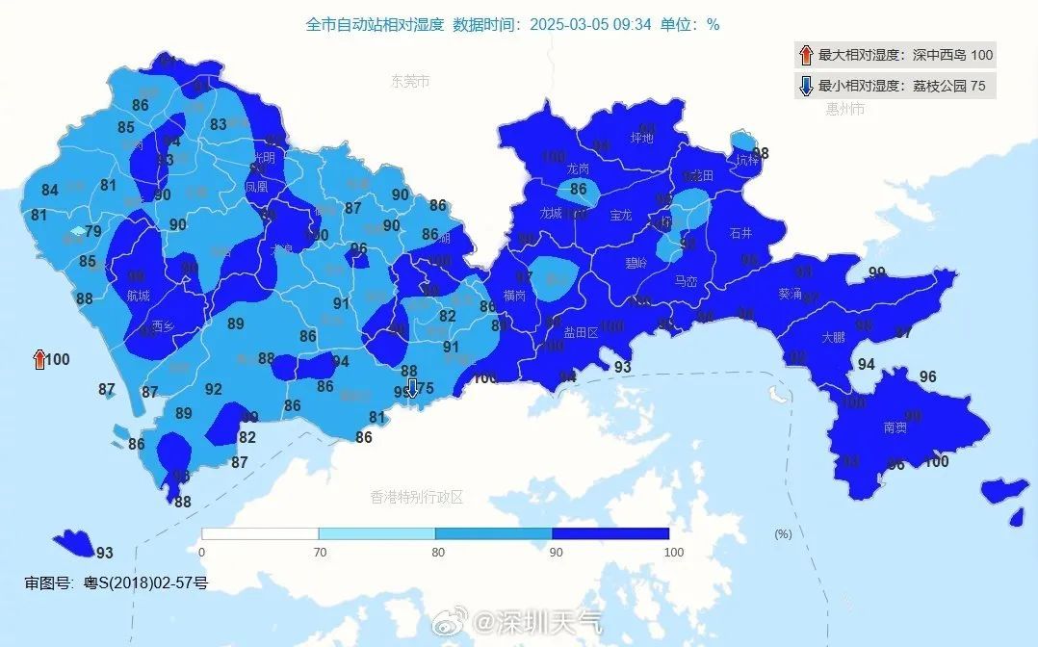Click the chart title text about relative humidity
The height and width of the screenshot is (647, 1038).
[512, 24]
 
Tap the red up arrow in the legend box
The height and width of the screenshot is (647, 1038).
[805, 55]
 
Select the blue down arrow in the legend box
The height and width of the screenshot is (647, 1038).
[805, 86]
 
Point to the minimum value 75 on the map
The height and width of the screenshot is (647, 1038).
[425, 388]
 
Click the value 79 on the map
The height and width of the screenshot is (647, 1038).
[93, 231]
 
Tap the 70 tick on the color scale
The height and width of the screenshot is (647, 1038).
[319, 552]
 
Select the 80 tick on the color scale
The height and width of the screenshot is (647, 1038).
[436, 552]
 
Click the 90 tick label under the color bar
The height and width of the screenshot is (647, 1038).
[553, 552]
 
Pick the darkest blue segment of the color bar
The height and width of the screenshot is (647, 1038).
[610, 533]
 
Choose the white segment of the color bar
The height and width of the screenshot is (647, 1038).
[260, 533]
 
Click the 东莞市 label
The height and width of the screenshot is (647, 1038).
[410, 82]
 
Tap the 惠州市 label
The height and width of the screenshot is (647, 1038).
[845, 109]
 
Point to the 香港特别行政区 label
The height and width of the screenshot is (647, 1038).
[417, 497]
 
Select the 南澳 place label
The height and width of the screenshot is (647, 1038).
[895, 427]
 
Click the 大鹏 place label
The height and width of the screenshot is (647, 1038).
[834, 338]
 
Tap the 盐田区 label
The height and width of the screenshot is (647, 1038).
[581, 332]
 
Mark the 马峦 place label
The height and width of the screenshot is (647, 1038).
[686, 281]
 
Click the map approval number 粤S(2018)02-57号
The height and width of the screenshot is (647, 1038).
[116, 582]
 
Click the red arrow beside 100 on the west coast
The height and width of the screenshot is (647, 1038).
[39, 360]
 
